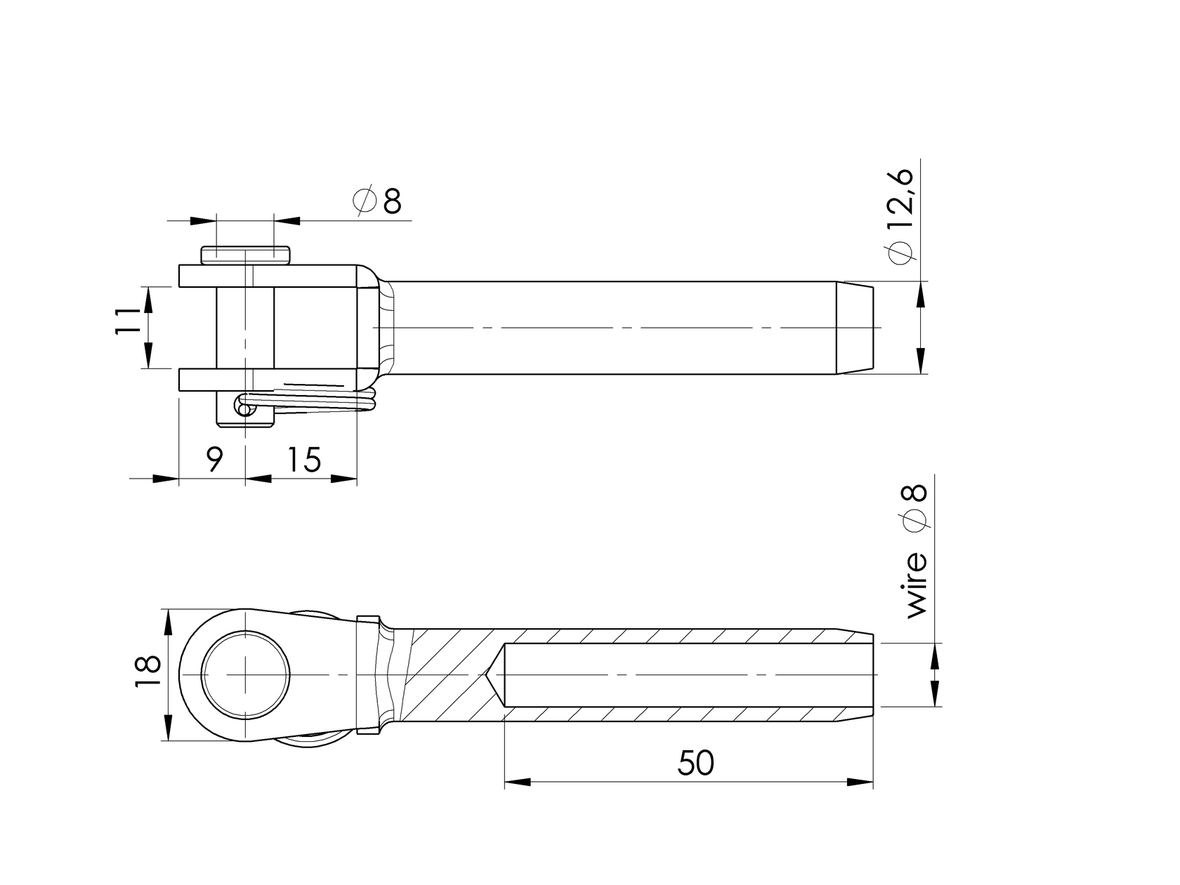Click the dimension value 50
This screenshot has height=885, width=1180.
point(696,764)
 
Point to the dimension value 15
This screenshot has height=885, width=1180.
point(303,460)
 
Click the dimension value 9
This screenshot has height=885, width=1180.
point(214,460)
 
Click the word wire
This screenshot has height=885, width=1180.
point(917,585)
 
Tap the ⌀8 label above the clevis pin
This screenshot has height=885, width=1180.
point(378,201)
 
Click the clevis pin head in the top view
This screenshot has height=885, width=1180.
point(245,255)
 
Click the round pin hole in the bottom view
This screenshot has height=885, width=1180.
point(245,674)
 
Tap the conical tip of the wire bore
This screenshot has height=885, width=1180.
point(495,674)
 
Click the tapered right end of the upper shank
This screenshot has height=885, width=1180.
point(855,328)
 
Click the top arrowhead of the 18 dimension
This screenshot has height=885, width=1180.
point(169,622)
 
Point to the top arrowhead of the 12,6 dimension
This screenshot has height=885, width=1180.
point(921,295)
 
